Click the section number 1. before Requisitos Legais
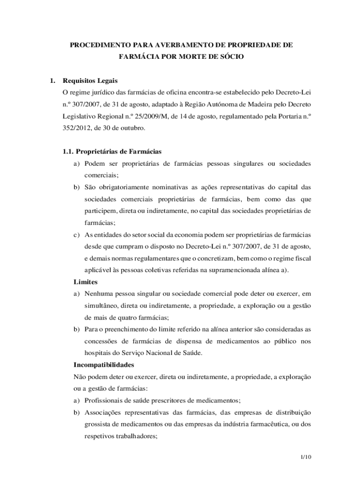pyautogui.click(x=53, y=80)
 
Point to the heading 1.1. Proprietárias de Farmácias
pyautogui.click(x=112, y=152)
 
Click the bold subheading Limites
pyautogui.click(x=85, y=281)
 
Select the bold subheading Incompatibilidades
pyautogui.click(x=104, y=365)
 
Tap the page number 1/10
pyautogui.click(x=306, y=457)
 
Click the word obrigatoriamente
pyautogui.click(x=123, y=187)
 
